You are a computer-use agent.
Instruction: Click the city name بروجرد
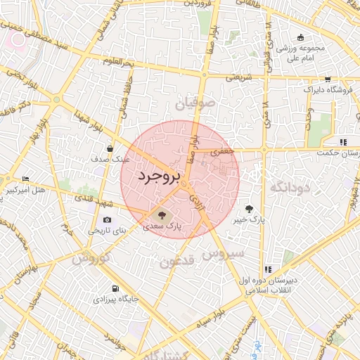coord(160,176)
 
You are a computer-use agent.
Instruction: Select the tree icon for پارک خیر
coord(249,209)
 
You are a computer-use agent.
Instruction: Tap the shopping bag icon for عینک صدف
coord(110,148)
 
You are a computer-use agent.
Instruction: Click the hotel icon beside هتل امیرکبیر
coord(26,179)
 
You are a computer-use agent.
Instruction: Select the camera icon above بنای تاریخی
coord(108,220)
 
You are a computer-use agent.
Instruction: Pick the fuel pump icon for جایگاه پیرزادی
coord(115,288)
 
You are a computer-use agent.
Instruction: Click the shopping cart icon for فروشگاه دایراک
coord(328,79)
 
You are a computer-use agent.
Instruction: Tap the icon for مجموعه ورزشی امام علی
coord(301,37)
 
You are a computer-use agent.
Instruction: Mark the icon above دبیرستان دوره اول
coord(268,269)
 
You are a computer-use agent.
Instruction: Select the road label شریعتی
coord(236,77)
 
